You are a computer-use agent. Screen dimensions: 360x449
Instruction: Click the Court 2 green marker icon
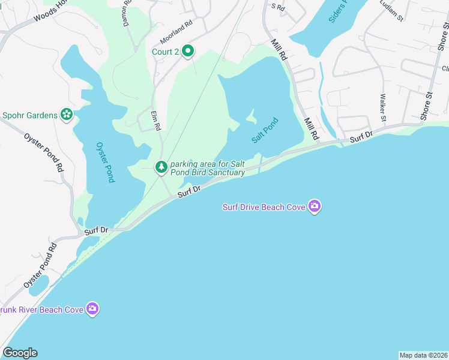[188, 52]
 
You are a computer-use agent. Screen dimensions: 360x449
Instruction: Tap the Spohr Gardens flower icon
[67, 115]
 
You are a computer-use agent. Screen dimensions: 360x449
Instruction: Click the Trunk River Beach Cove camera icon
[92, 309]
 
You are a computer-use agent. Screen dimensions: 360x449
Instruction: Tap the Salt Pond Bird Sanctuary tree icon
[161, 167]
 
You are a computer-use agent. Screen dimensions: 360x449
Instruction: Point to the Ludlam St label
[392, 11]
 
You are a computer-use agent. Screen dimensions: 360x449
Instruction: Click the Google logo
[20, 353]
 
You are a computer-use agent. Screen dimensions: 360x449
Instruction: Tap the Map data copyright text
[423, 355]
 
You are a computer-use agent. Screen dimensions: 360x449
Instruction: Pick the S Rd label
[277, 7]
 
